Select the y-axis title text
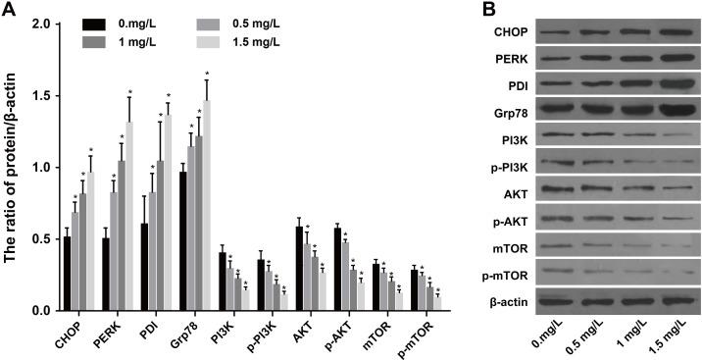pyautogui.click(x=12, y=167)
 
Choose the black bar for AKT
pyautogui.click(x=299, y=269)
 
